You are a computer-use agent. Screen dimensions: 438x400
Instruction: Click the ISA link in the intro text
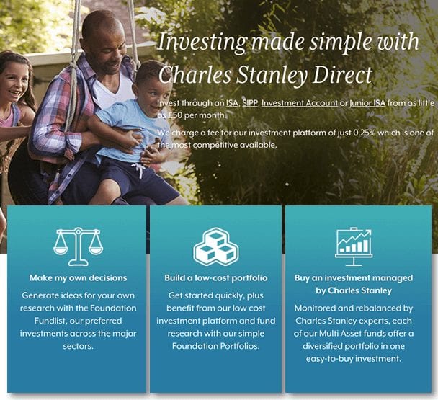(232, 103)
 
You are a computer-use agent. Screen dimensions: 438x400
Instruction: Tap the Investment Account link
(300, 103)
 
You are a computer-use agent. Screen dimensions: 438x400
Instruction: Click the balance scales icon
(79, 246)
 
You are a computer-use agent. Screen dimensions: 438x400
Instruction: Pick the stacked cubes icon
(215, 246)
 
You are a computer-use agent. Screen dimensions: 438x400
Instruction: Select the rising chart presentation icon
(354, 246)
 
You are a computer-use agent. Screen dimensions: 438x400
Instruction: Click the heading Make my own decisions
(79, 278)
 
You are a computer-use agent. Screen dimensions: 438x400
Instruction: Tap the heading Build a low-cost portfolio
(215, 278)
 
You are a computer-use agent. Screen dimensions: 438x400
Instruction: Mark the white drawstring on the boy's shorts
(139, 170)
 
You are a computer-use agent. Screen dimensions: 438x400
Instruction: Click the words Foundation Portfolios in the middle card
(215, 346)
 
